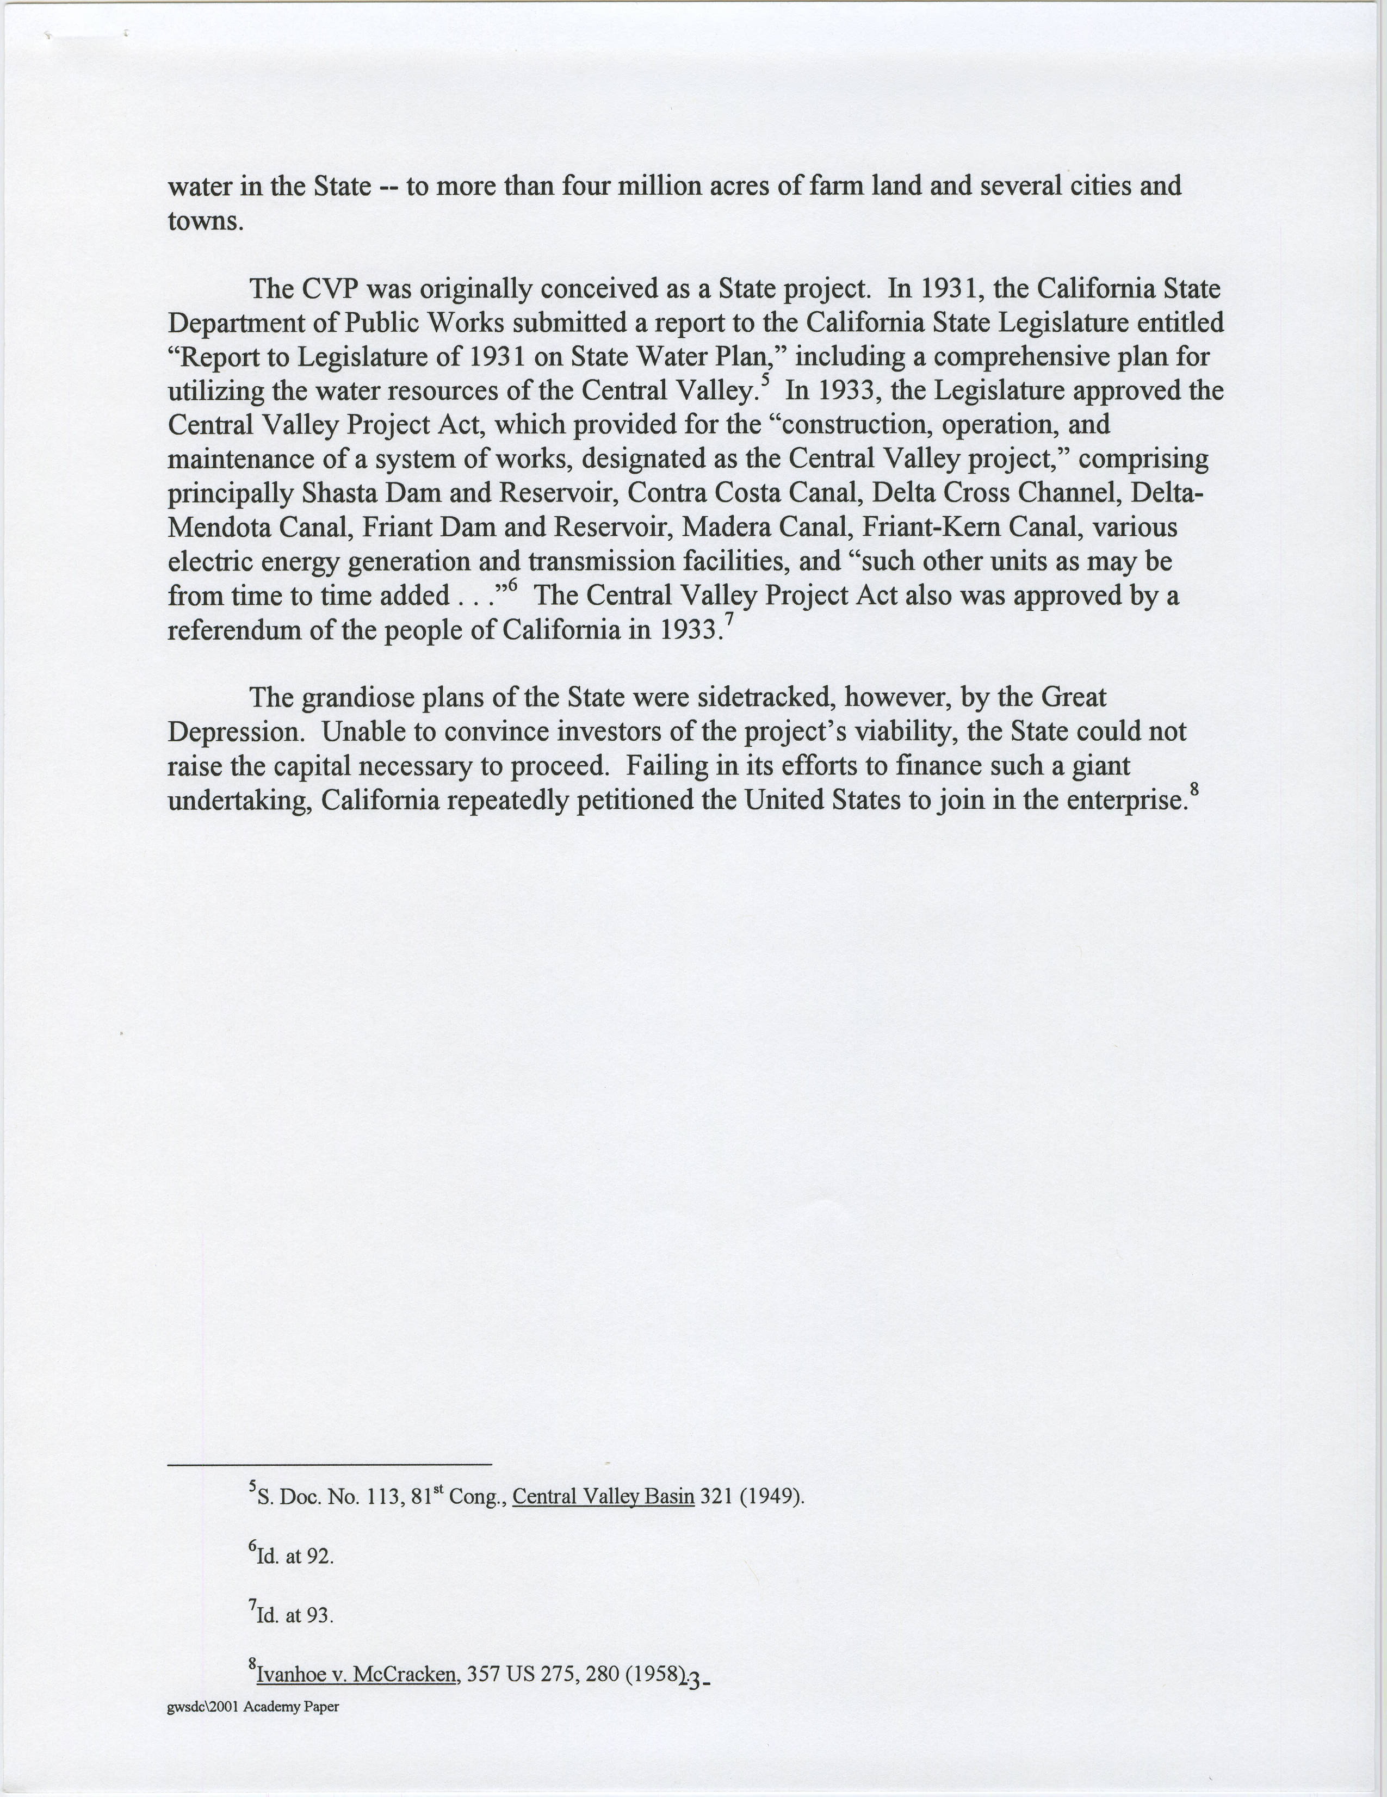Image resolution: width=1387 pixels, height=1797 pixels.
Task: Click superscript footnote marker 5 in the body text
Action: point(765,381)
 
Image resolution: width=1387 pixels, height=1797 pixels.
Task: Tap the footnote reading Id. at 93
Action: point(293,1615)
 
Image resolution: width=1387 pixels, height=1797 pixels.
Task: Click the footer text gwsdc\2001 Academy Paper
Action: point(252,1707)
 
